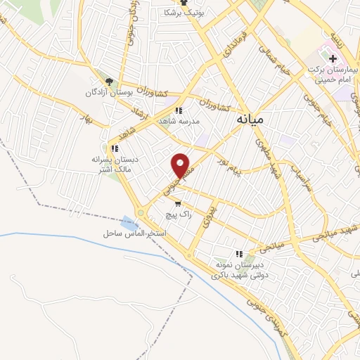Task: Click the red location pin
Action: pyautogui.click(x=181, y=165)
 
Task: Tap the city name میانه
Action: pyautogui.click(x=247, y=120)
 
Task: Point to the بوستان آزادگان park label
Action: pyautogui.click(x=110, y=93)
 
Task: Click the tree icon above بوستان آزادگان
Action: pyautogui.click(x=108, y=80)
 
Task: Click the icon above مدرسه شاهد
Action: pyautogui.click(x=179, y=110)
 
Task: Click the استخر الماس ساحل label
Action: pyautogui.click(x=136, y=233)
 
